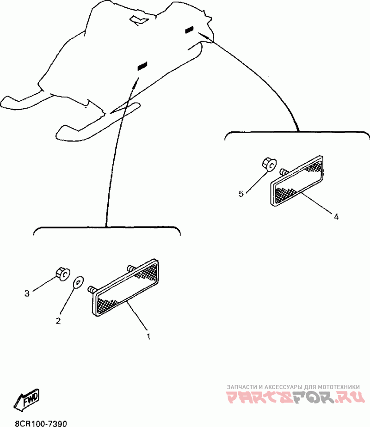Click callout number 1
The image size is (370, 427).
tap(148, 336)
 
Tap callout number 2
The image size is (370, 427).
tap(58, 321)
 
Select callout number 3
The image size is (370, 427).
tap(27, 293)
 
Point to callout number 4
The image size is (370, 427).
tap(337, 217)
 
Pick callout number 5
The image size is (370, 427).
tap(241, 194)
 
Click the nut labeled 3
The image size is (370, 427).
tap(63, 274)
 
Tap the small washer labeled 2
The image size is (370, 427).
tap(79, 281)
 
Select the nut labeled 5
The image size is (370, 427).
tap(269, 164)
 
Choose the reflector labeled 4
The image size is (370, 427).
tap(297, 181)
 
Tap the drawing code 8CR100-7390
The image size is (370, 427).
tap(41, 423)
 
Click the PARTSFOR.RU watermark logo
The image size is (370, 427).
tap(296, 397)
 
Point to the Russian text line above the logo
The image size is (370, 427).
tap(293, 387)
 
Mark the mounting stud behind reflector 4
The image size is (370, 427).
tap(284, 171)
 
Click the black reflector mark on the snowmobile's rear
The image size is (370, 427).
tap(189, 30)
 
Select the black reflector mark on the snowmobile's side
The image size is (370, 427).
tap(142, 66)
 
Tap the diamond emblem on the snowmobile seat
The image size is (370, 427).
tap(139, 20)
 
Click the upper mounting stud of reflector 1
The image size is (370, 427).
tap(131, 268)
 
